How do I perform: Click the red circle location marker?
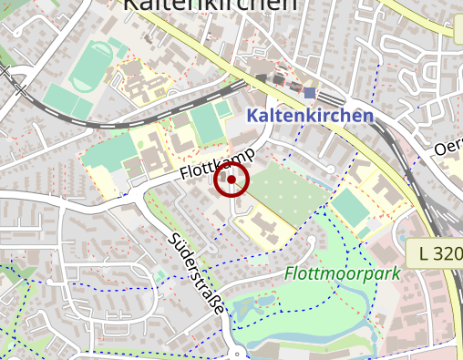point(231,180)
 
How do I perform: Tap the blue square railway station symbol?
point(310,93)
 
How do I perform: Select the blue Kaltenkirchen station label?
point(310,116)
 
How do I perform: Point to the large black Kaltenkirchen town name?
point(210,5)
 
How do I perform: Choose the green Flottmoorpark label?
point(342,273)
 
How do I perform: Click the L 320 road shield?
point(436,253)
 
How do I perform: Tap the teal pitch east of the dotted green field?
point(351,207)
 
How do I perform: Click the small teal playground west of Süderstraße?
point(160,274)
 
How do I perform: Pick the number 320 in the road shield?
point(445,253)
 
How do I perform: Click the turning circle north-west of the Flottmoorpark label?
point(313,242)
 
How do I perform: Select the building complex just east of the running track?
point(141,82)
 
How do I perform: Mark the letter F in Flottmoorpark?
point(290,273)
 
